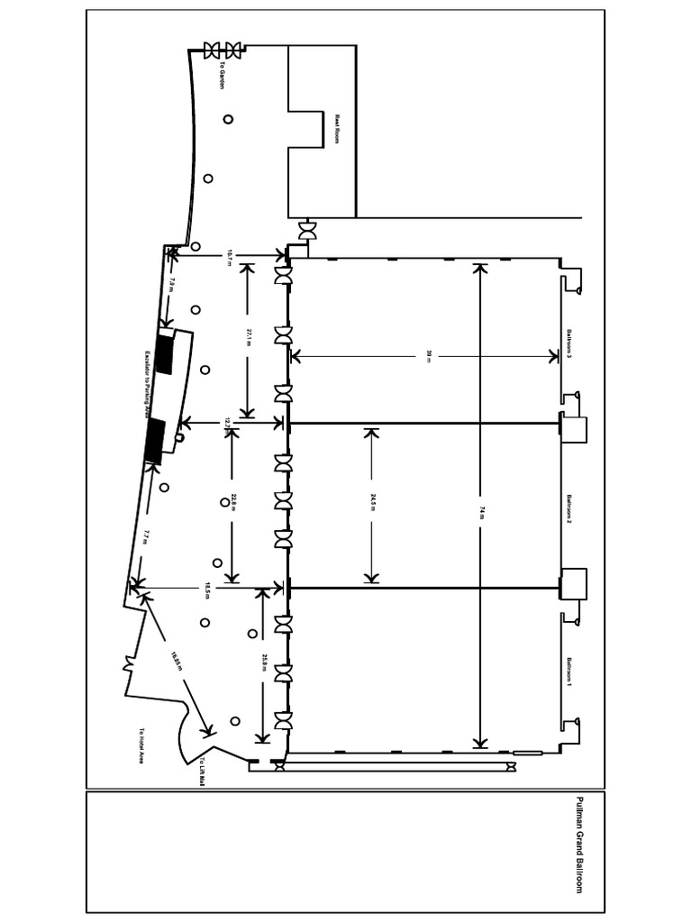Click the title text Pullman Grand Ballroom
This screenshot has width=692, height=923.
578,845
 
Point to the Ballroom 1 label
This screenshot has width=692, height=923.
569,672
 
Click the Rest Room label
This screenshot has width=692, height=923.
338,130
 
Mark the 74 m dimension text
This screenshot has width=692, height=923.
481,511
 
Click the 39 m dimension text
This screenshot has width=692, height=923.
429,357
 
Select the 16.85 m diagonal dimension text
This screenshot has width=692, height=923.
177,663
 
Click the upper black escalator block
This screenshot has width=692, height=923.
164,353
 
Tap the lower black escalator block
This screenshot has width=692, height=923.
154,442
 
